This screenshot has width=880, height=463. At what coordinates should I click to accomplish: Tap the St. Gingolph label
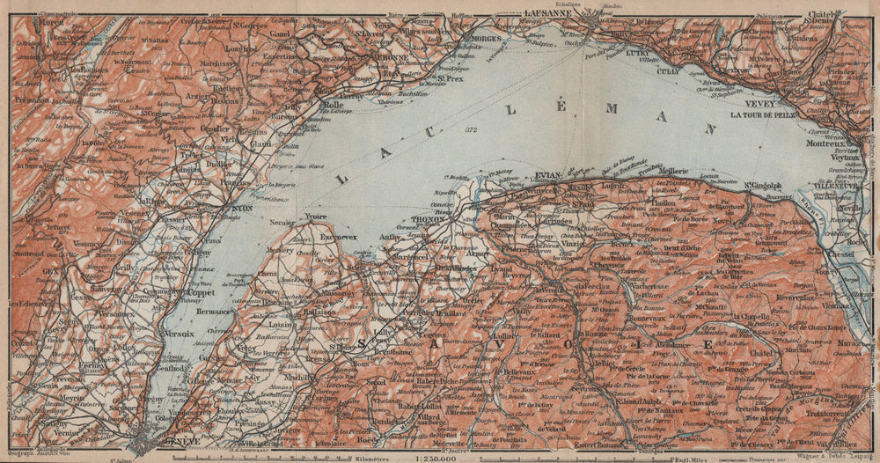(764, 185)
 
